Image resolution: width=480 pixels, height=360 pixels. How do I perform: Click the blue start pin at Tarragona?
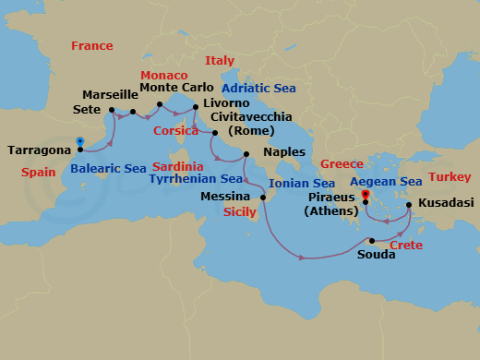point(80,143)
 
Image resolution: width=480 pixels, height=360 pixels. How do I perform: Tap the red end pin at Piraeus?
point(366,196)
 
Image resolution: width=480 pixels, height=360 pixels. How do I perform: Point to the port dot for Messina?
point(262,198)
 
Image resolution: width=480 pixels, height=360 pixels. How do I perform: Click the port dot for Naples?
point(246,153)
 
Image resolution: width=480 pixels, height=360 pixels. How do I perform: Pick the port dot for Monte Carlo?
point(160,104)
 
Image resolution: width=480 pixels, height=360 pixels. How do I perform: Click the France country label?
point(92,46)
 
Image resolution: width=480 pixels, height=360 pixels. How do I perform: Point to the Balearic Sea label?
point(108,169)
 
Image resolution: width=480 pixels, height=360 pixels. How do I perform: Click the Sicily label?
point(240,211)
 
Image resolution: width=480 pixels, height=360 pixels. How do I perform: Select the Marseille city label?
point(109,95)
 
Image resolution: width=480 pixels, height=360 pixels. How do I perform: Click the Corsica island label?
point(176,131)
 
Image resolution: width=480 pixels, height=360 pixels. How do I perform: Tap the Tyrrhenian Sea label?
point(196,178)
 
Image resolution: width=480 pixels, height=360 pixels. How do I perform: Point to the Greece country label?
point(342,164)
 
